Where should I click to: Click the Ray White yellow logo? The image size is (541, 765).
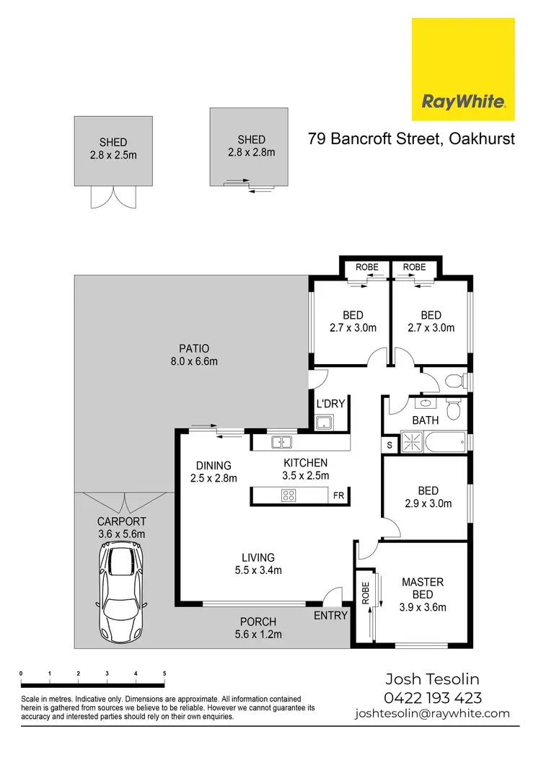(462, 69)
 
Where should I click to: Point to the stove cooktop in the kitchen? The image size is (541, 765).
(289, 495)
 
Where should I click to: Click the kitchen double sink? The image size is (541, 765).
(280, 442)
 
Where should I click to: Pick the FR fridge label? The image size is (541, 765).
(338, 496)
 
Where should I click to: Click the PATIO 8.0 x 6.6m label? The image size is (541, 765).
(188, 355)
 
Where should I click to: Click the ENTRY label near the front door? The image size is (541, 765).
(331, 615)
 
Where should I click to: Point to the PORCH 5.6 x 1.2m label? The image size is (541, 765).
(258, 628)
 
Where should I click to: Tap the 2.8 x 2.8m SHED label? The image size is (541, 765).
(251, 146)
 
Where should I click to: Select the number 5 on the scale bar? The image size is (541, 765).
(164, 673)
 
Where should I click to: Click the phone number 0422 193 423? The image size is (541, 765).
(433, 697)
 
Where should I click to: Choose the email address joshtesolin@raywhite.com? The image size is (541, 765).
(432, 714)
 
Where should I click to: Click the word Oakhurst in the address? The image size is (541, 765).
(482, 138)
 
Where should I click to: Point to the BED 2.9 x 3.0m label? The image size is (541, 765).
(428, 497)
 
